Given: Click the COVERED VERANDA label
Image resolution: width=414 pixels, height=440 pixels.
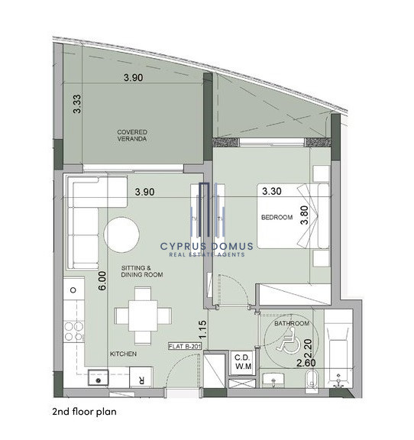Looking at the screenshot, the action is click(x=132, y=135).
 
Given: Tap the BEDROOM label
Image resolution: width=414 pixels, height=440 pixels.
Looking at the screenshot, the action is click(x=277, y=217).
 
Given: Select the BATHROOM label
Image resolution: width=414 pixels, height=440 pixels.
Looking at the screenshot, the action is click(x=292, y=323).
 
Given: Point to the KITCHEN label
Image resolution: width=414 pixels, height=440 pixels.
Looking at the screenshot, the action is click(x=123, y=354).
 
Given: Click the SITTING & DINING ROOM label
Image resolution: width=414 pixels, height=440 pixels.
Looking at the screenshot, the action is click(x=142, y=271).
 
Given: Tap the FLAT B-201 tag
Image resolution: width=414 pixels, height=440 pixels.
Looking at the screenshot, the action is click(x=185, y=346).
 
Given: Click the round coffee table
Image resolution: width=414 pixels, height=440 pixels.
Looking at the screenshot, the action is click(x=121, y=235).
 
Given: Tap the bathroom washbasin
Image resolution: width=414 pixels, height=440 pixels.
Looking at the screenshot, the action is click(x=273, y=380).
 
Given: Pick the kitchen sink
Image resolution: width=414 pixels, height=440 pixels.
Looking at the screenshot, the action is click(x=98, y=377).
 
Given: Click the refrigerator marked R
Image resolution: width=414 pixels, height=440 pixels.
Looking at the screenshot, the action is click(x=141, y=377).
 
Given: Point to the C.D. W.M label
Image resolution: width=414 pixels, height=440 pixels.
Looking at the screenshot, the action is click(x=243, y=362).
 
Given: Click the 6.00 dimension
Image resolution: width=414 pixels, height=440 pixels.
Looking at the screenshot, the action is click(x=103, y=280).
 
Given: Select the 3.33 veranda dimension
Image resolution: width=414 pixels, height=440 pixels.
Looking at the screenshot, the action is click(x=76, y=104).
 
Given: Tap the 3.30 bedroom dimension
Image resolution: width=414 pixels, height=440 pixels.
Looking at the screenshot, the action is click(x=272, y=191).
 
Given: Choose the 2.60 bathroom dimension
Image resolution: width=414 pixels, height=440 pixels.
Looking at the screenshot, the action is click(x=306, y=363).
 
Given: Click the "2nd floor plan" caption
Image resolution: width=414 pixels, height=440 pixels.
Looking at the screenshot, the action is click(x=84, y=412).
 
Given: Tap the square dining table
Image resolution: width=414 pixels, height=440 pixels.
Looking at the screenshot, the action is click(x=143, y=315).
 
